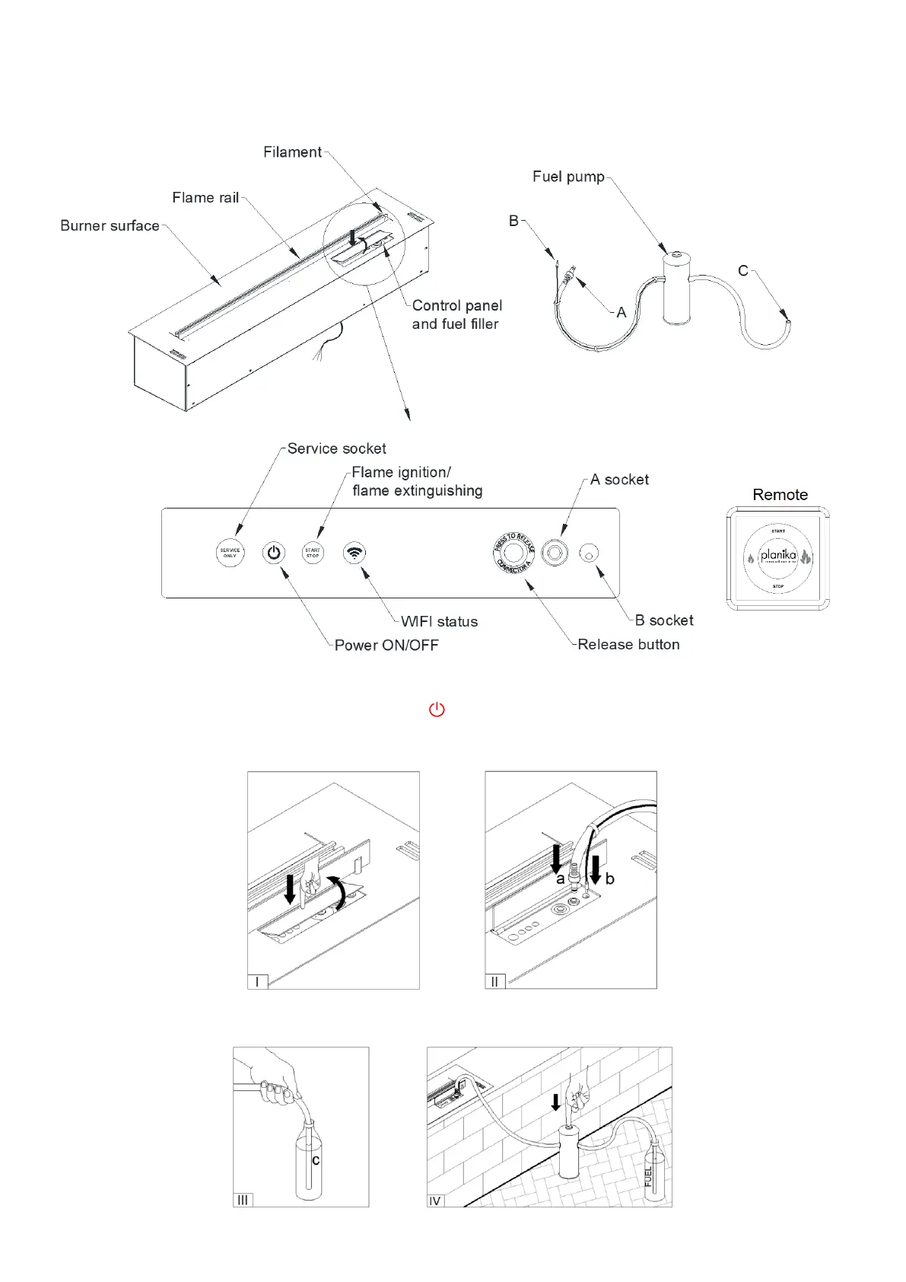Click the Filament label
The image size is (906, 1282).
[x=292, y=152]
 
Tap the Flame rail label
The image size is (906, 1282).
[x=205, y=198]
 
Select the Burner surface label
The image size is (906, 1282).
[x=110, y=226]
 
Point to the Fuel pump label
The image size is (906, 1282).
[x=568, y=177]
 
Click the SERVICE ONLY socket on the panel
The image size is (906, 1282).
[x=230, y=553]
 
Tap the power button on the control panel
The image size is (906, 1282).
[x=274, y=553]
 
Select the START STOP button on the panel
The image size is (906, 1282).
[x=313, y=553]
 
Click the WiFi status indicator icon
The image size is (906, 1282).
[x=354, y=553]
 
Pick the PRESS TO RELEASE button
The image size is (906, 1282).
[x=513, y=553]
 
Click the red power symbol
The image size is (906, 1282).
[x=437, y=710]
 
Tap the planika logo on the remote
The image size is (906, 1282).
[x=778, y=556]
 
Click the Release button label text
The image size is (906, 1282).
[x=628, y=645]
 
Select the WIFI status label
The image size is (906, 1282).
[x=440, y=622]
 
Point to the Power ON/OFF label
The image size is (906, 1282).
[x=386, y=646]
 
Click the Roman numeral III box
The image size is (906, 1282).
[x=243, y=1200]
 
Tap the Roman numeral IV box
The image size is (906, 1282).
[x=435, y=1201]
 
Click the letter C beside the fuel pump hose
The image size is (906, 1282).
[x=743, y=271]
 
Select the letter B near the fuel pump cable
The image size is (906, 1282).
[x=513, y=221]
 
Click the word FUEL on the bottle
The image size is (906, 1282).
[x=648, y=1177]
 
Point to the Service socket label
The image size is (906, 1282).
[x=336, y=449]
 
